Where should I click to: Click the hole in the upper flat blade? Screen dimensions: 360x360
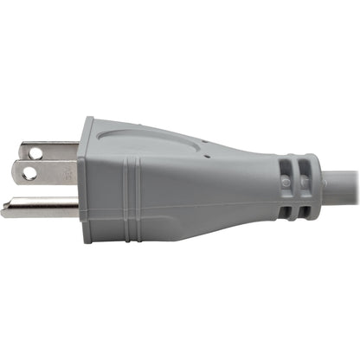35,153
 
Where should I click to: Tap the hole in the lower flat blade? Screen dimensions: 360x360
29,173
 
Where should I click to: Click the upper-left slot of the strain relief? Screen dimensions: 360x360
287,166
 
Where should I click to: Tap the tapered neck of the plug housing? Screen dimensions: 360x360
234,186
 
